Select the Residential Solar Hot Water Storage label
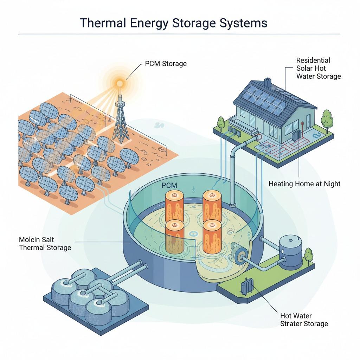318,68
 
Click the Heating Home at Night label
304,184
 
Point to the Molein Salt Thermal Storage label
45,243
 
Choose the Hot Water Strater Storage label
304,320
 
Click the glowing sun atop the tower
120,82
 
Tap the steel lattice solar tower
120,120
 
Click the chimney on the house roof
268,82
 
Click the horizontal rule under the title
179,34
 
